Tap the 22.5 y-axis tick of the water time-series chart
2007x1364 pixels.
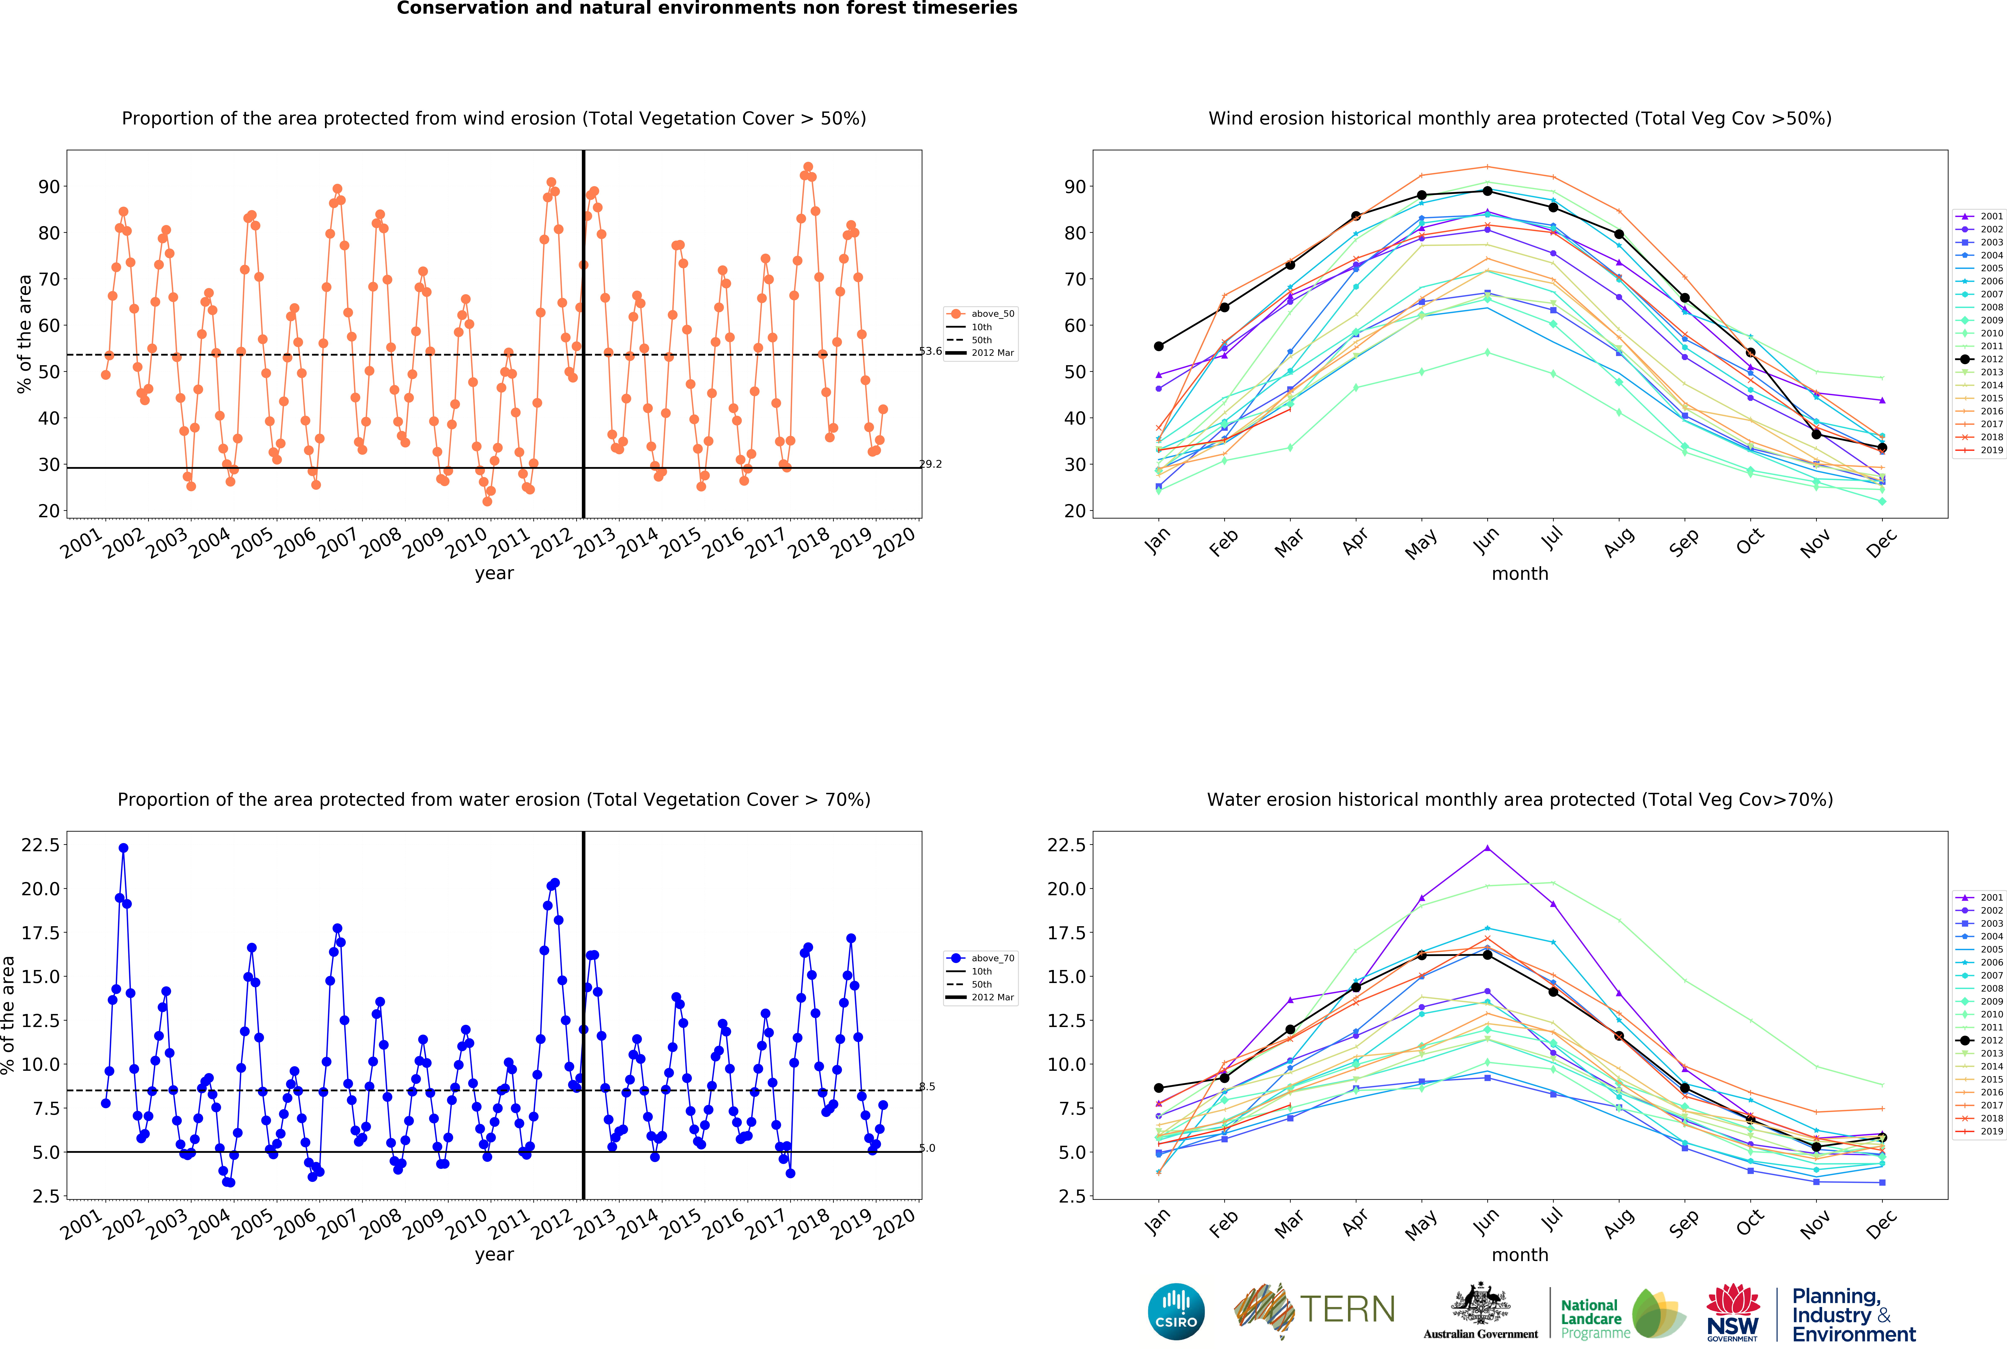coord(41,845)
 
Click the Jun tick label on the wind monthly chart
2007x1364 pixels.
coord(1485,542)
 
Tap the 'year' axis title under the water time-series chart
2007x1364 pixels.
coord(494,1254)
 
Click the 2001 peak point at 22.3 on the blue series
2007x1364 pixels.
coord(123,848)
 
